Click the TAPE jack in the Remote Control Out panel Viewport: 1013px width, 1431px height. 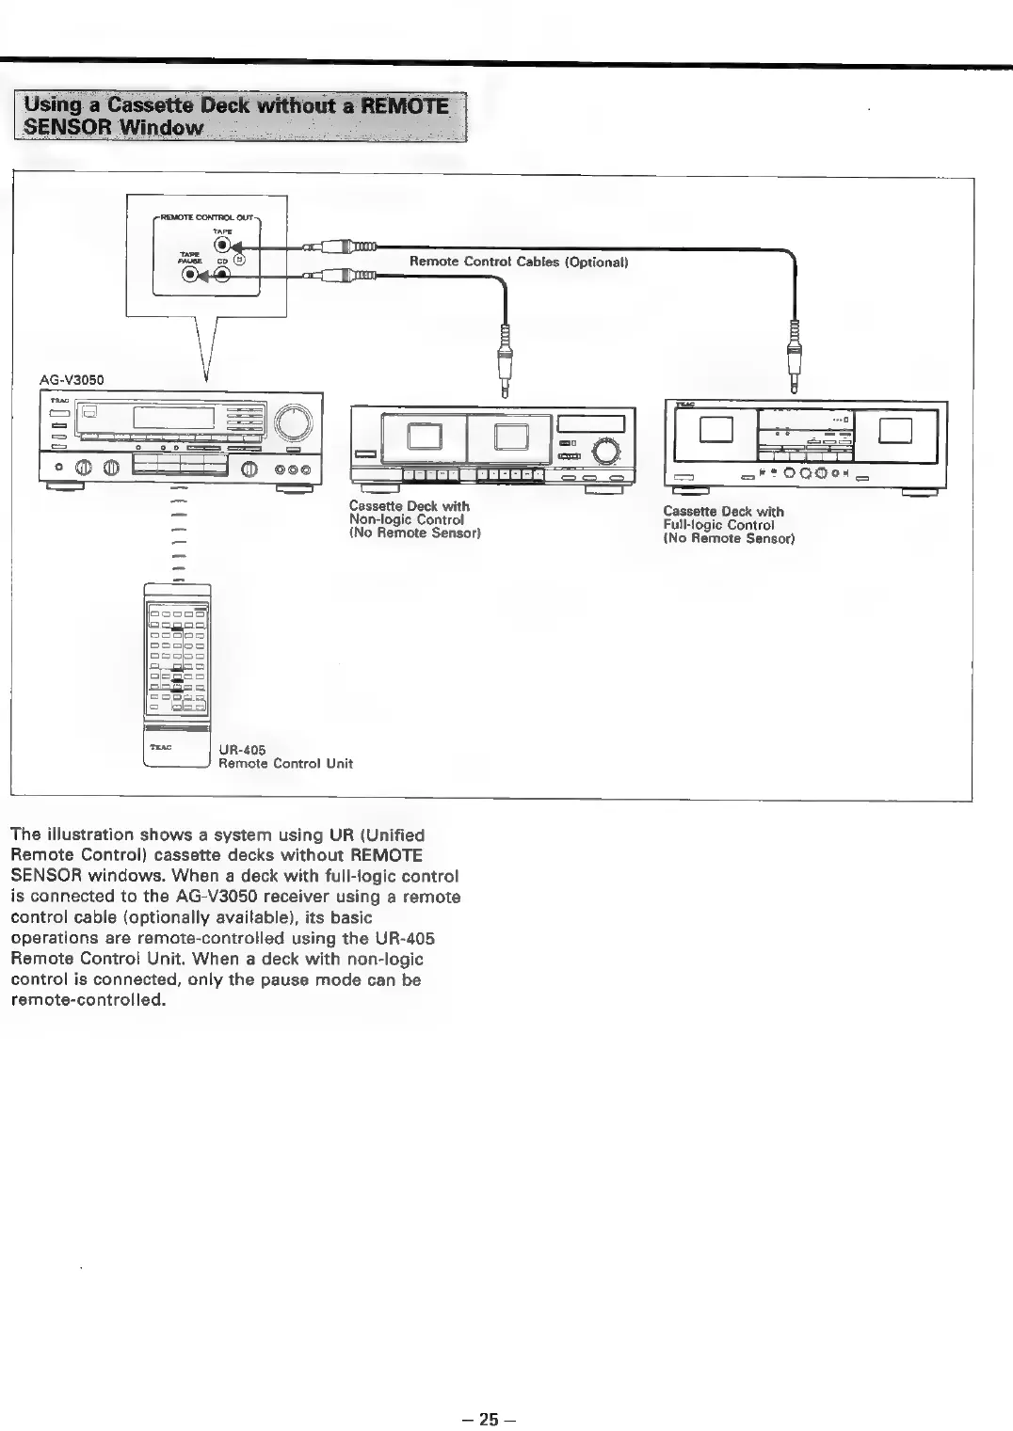pos(222,247)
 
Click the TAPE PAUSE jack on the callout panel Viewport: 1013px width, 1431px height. pos(191,276)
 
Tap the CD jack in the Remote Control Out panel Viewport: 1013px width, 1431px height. pos(222,276)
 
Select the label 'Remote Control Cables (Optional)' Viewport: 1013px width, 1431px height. pos(518,262)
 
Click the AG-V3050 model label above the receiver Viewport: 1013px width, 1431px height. pos(72,380)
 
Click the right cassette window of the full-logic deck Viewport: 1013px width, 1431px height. pos(895,430)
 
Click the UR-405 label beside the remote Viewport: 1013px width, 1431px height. pos(242,750)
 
